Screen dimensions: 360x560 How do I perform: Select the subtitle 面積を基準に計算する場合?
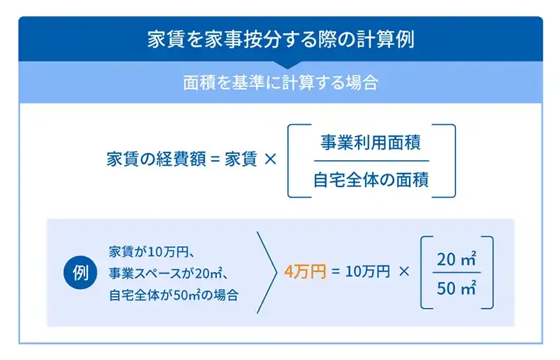tap(280, 82)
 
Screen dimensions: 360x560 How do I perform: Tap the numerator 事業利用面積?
tap(371, 142)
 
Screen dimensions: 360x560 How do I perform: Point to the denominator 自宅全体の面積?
tap(371, 179)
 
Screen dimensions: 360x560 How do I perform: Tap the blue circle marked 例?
tap(81, 273)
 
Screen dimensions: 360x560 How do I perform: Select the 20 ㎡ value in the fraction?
tap(456, 259)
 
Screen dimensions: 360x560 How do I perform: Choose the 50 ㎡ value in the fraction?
tap(456, 287)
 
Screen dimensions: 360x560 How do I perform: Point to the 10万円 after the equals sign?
tap(368, 272)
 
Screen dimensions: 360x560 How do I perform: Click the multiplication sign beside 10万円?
tap(405, 272)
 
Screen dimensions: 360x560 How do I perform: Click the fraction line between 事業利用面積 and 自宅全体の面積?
tap(371, 161)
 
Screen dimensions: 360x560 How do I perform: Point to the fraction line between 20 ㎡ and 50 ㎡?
tap(456, 273)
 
